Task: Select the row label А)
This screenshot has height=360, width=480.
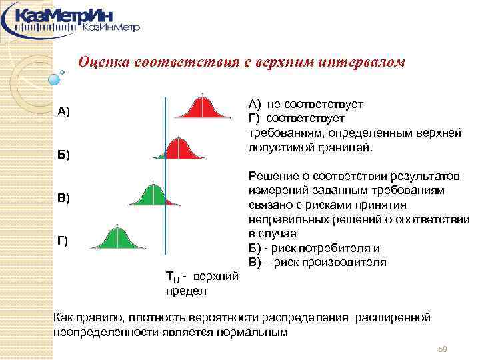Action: point(63,111)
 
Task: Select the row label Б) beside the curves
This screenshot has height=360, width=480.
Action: point(63,155)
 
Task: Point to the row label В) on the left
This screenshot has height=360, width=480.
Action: point(63,199)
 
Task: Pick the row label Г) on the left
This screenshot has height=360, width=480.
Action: point(62,240)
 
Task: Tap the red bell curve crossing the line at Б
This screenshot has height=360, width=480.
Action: point(179,149)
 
